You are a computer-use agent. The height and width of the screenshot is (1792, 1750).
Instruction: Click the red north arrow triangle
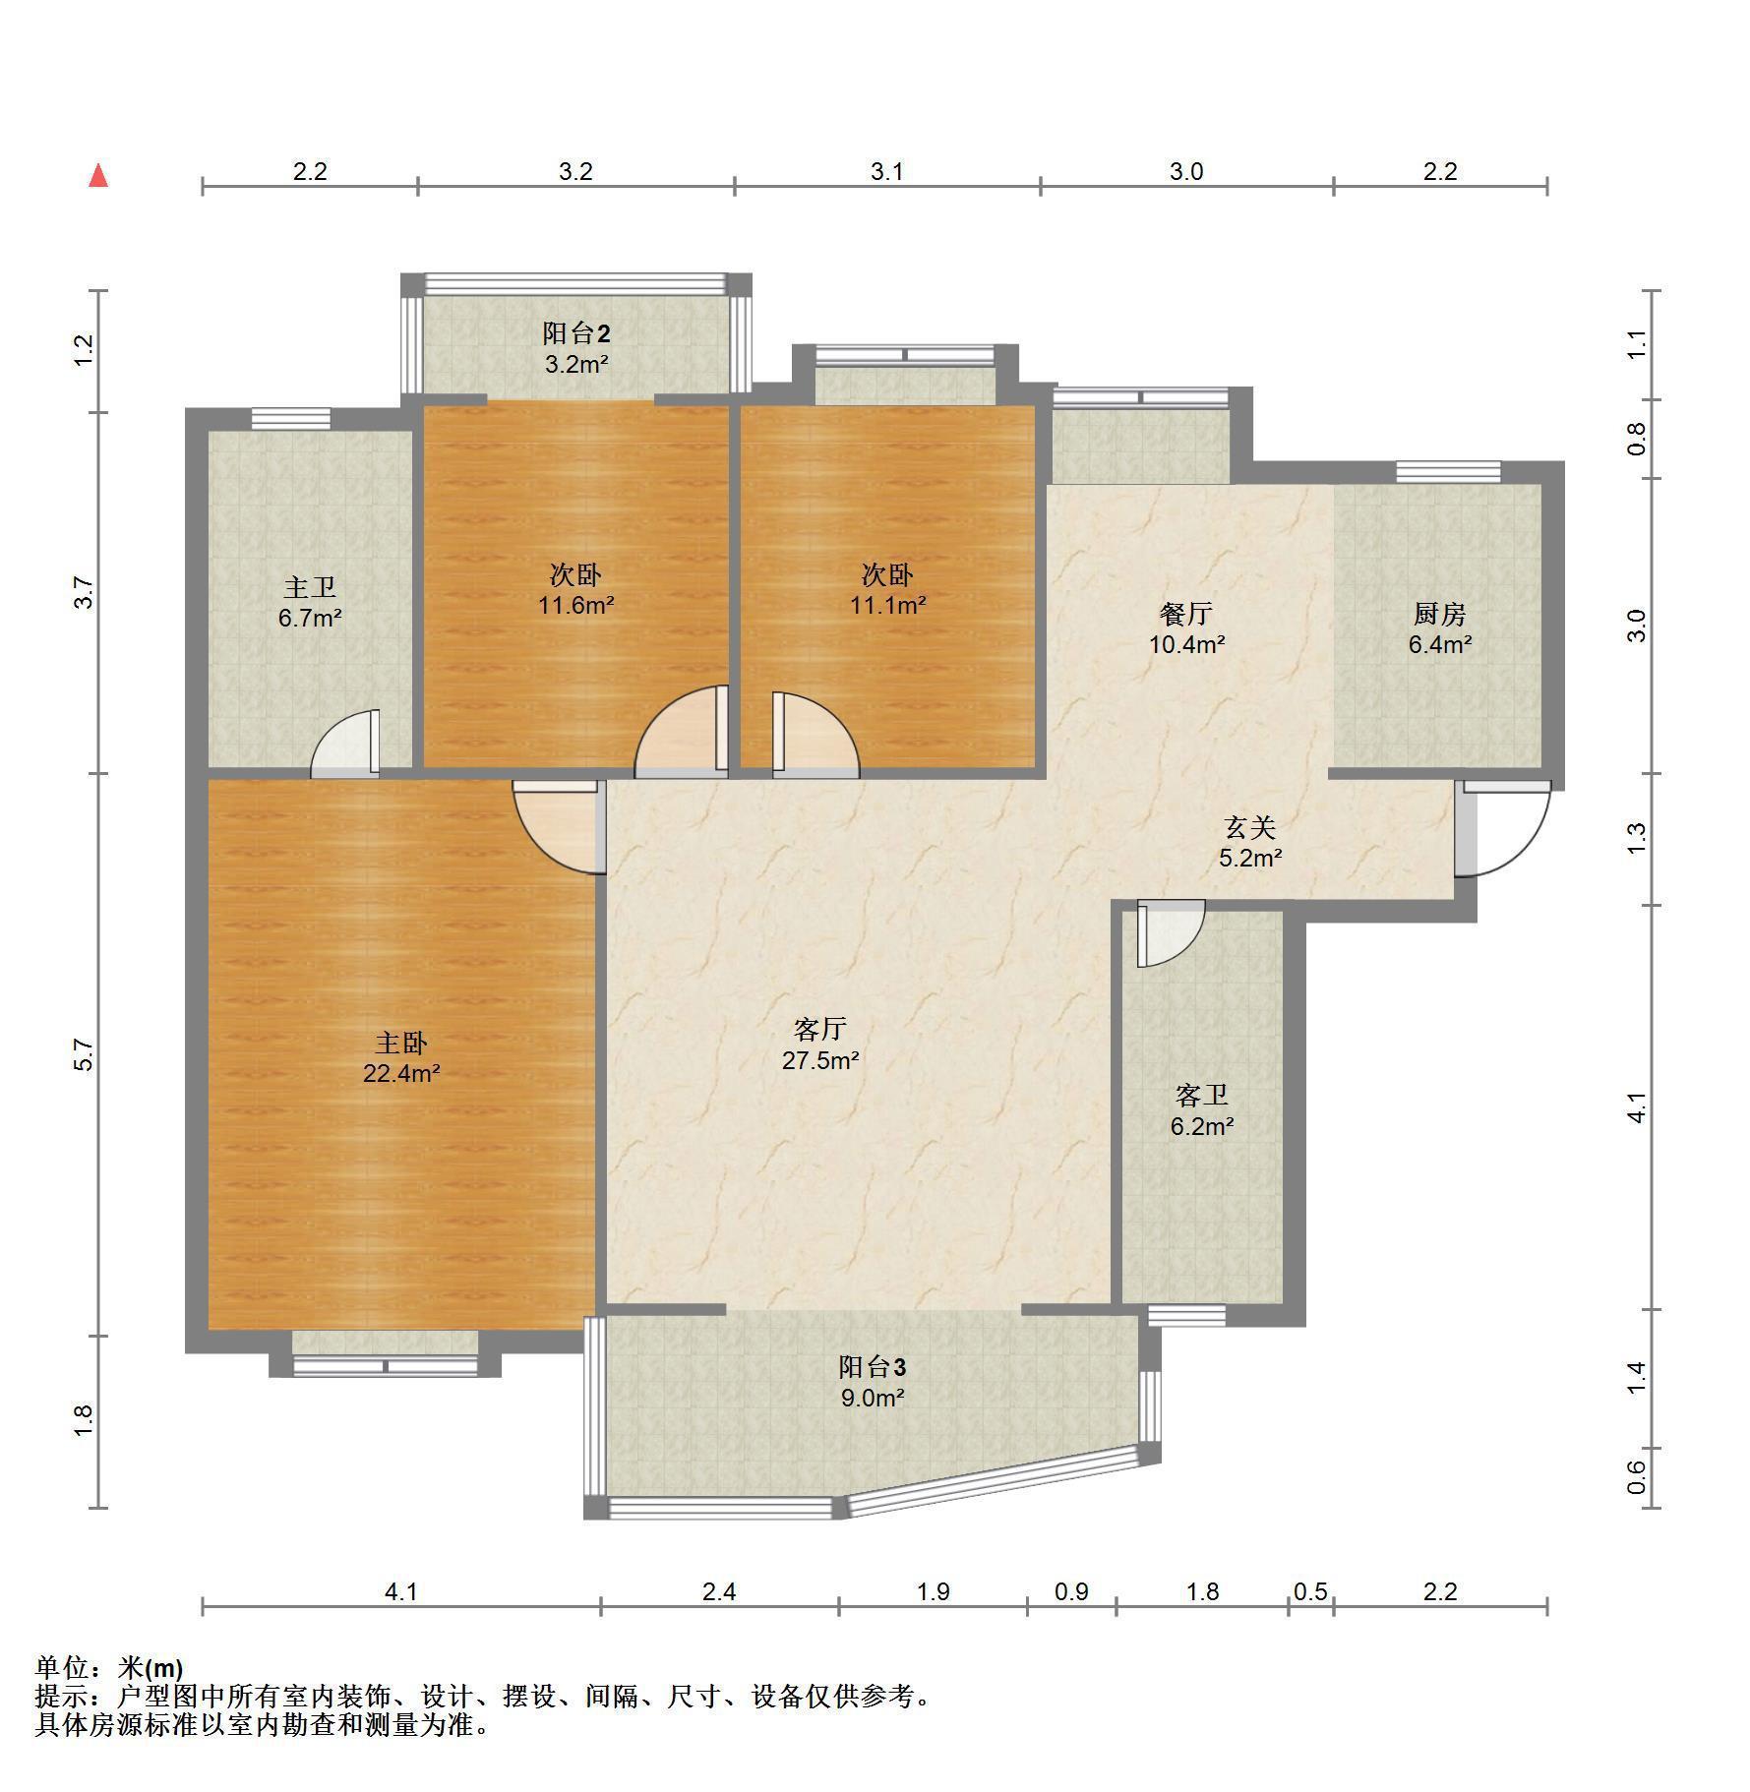click(x=98, y=176)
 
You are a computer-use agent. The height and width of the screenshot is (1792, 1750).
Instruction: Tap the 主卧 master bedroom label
click(x=400, y=1042)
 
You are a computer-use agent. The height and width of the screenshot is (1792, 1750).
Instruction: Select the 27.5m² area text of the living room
click(x=820, y=1060)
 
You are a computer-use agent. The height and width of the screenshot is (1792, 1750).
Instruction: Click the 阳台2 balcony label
click(x=576, y=332)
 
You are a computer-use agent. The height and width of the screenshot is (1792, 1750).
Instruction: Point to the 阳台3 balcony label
click(x=872, y=1366)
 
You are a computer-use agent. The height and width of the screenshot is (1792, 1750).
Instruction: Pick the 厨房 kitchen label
click(x=1439, y=614)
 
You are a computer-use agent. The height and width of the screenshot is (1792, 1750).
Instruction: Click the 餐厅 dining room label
click(x=1186, y=614)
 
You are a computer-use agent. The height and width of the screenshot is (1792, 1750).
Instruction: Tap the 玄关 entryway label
click(x=1249, y=827)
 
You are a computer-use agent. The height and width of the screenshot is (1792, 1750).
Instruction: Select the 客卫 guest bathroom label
click(x=1201, y=1096)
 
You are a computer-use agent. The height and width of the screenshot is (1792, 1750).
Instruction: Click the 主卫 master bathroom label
click(x=310, y=587)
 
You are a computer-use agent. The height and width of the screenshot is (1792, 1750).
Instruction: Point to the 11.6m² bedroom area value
click(x=575, y=605)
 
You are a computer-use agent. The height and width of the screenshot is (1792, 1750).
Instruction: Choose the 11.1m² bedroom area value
click(x=887, y=605)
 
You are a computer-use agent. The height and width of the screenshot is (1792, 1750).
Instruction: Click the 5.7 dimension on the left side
click(x=85, y=1055)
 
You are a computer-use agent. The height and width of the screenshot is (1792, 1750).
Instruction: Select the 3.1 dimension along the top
click(x=886, y=171)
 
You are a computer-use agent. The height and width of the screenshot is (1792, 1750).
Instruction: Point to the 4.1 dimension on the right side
click(x=1636, y=1107)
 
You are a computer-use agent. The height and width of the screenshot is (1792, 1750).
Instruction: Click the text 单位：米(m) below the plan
click(x=109, y=1667)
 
